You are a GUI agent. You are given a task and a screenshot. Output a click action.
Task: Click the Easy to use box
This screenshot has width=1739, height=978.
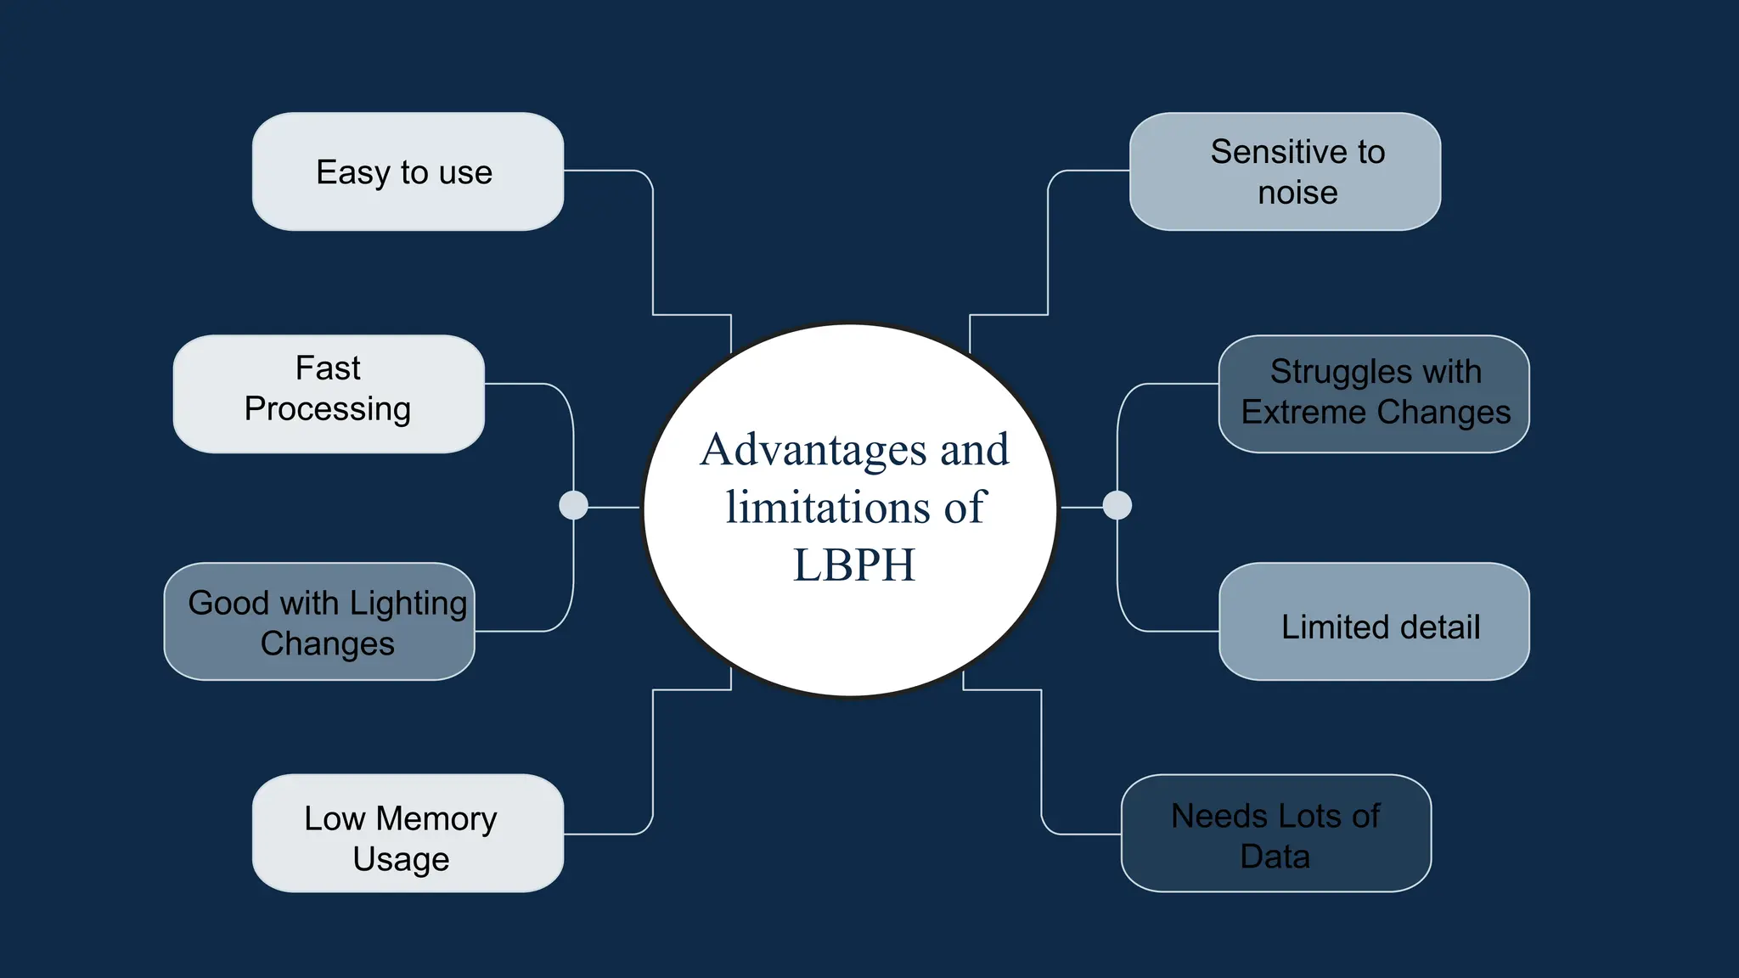(x=408, y=171)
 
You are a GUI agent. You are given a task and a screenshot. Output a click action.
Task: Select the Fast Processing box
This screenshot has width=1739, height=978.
(x=329, y=394)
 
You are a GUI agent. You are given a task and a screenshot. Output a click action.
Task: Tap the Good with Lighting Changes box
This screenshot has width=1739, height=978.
(x=319, y=621)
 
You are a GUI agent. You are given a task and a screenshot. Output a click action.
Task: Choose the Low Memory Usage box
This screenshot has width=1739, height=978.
(x=408, y=833)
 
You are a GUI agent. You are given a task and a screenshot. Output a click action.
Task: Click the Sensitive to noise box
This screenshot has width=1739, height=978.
(x=1285, y=171)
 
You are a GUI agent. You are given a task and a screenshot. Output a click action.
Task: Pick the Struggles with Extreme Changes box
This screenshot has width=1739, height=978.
(x=1374, y=394)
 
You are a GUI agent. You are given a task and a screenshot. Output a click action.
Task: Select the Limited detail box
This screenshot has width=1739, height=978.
(x=1374, y=621)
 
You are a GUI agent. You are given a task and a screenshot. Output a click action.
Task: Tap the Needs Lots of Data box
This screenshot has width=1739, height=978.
(x=1275, y=833)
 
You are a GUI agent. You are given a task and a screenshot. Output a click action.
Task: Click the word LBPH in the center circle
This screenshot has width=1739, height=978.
(x=854, y=565)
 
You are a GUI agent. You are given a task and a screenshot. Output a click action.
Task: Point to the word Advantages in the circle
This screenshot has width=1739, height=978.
(x=813, y=450)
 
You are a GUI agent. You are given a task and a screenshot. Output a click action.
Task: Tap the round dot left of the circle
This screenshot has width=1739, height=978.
(x=574, y=505)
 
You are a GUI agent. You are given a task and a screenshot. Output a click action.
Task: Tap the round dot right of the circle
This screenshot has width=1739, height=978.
(x=1117, y=505)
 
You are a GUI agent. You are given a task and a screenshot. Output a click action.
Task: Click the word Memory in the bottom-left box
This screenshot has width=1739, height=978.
(x=436, y=819)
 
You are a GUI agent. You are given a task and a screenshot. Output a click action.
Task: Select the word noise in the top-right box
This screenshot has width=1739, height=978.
(x=1297, y=193)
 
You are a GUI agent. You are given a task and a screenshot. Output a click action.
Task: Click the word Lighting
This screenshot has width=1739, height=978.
(x=408, y=604)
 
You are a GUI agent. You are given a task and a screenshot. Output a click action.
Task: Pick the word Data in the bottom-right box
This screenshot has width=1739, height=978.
(x=1275, y=857)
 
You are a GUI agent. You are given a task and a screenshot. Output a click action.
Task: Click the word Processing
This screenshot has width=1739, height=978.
(x=328, y=409)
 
